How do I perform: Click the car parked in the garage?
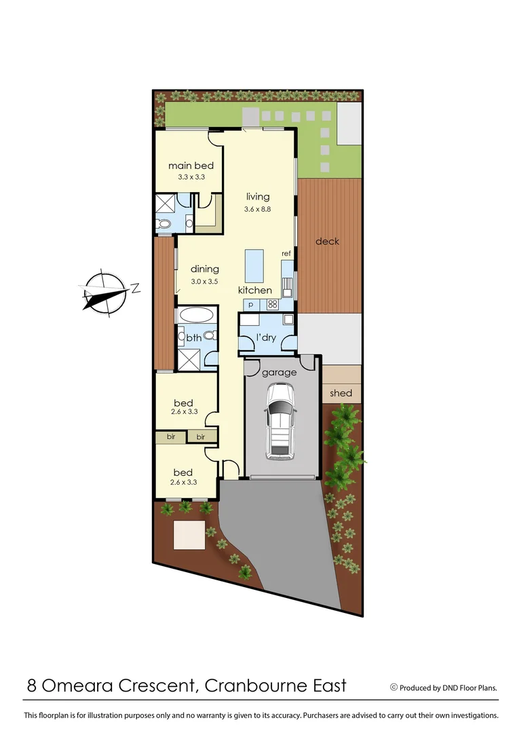click(281, 421)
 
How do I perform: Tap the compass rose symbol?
click(105, 294)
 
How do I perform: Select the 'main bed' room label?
click(191, 166)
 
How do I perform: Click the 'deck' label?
click(327, 241)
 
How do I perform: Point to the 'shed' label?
click(341, 393)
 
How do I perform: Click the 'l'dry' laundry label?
click(265, 338)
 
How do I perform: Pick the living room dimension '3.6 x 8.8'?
click(258, 209)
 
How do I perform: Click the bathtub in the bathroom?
click(197, 316)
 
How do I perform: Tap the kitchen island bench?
click(254, 265)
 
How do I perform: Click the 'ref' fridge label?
click(286, 254)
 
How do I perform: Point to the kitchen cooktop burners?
click(272, 305)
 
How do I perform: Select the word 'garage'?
click(280, 373)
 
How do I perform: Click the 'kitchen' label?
click(254, 290)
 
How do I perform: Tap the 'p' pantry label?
click(249, 305)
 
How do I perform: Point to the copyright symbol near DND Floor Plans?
click(393, 687)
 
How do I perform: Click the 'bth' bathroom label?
click(194, 337)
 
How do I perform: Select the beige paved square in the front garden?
click(188, 534)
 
